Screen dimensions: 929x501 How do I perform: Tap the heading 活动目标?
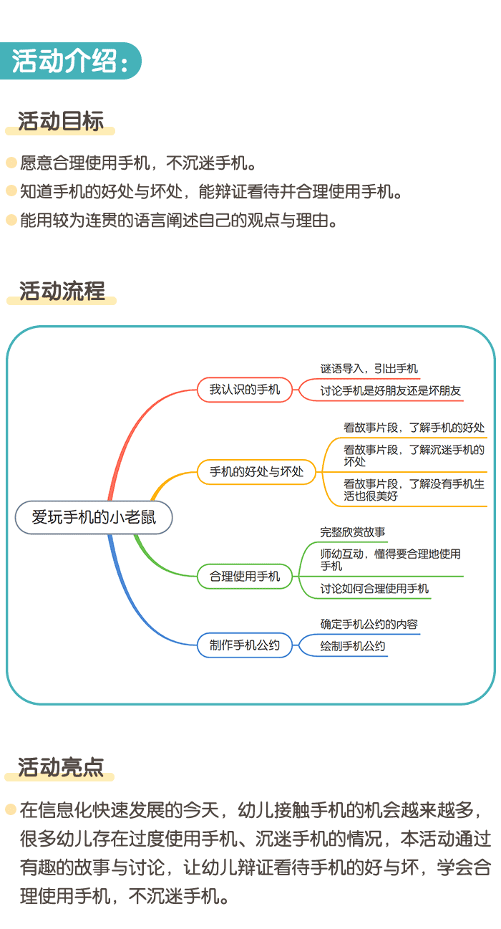pyautogui.click(x=61, y=121)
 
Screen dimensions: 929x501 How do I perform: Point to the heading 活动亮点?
pyautogui.click(x=61, y=767)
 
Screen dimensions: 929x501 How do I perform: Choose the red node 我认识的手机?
pyautogui.click(x=245, y=390)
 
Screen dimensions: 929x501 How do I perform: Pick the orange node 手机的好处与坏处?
pyautogui.click(x=256, y=472)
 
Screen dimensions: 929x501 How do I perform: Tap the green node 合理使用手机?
pyautogui.click(x=245, y=576)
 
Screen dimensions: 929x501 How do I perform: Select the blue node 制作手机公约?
pyautogui.click(x=245, y=645)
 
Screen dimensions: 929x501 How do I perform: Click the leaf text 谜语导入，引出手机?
pyautogui.click(x=369, y=368)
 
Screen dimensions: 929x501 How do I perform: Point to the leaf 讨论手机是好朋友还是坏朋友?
pyautogui.click(x=391, y=391)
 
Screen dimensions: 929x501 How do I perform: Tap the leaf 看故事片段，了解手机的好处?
pyautogui.click(x=414, y=428)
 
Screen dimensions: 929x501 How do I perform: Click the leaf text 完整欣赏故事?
pyautogui.click(x=353, y=532)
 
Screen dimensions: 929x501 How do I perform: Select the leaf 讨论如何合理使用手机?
pyautogui.click(x=374, y=589)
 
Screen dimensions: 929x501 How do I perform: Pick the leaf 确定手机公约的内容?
pyautogui.click(x=369, y=624)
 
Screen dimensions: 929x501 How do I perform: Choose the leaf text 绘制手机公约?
pyautogui.click(x=353, y=646)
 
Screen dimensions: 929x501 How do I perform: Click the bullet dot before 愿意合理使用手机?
pyautogui.click(x=11, y=163)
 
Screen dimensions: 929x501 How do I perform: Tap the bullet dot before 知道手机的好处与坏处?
pyautogui.click(x=11, y=191)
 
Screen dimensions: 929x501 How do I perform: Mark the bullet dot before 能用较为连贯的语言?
pyautogui.click(x=11, y=220)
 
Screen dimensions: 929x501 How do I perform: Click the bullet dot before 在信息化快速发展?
pyautogui.click(x=11, y=810)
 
